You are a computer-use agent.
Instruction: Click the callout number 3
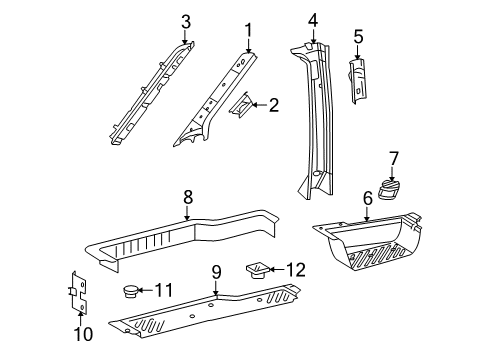point(186,22)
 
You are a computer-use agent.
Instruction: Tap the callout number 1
point(248,30)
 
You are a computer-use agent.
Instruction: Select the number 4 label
point(313,20)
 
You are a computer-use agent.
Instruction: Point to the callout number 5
point(358,37)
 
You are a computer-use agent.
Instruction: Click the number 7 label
point(394,159)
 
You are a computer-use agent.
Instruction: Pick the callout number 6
point(367,199)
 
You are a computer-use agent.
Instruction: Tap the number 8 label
point(188,197)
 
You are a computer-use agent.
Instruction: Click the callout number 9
point(216,272)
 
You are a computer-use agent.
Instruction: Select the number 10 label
point(83,334)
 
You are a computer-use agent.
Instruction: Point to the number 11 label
point(164,290)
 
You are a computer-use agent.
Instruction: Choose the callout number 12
point(296,270)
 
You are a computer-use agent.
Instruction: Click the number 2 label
point(273,105)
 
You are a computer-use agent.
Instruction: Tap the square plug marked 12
point(256,270)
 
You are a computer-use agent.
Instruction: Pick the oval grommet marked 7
point(389,189)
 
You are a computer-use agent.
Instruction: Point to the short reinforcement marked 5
point(358,81)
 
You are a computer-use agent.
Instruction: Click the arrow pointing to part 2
point(259,105)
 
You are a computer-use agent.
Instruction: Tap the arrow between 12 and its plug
point(276,270)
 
